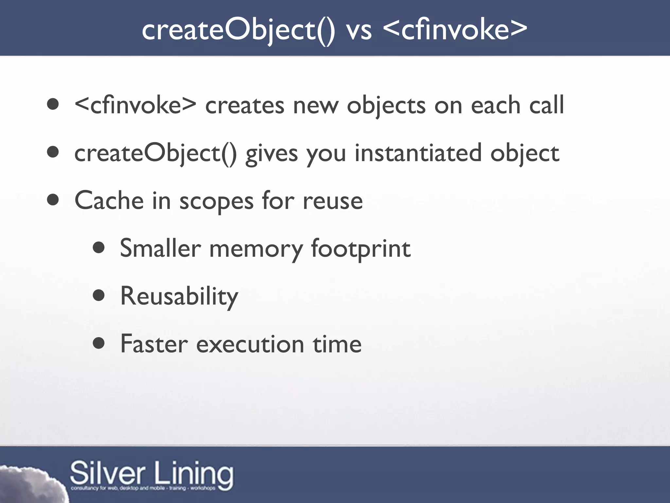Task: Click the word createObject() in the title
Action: point(238,30)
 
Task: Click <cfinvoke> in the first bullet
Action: point(135,105)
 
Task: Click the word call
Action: point(547,105)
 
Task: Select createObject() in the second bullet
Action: point(155,153)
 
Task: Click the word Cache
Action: point(109,200)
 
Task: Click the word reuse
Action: point(333,201)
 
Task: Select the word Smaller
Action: point(160,248)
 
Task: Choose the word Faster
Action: point(154,344)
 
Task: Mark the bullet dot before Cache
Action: point(53,200)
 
